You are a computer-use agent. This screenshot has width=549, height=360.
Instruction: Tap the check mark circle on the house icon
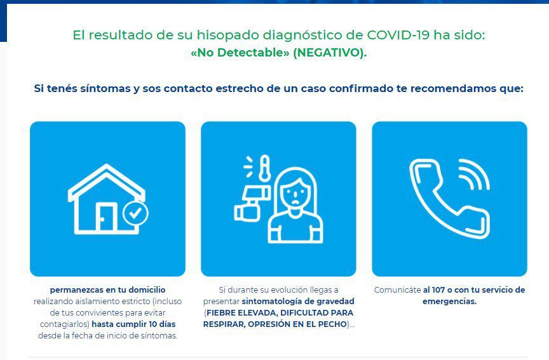pyautogui.click(x=135, y=213)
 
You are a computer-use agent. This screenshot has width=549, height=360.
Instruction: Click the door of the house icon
pyautogui.click(x=107, y=217)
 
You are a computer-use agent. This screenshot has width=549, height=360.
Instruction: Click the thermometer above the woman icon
pyautogui.click(x=265, y=168)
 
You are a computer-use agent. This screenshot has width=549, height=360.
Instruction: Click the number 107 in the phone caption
pyautogui.click(x=438, y=290)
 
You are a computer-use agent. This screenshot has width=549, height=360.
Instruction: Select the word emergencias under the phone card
pyautogui.click(x=450, y=301)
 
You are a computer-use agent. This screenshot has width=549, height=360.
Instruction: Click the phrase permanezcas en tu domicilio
pyautogui.click(x=107, y=290)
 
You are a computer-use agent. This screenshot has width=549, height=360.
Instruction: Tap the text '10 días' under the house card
pyautogui.click(x=162, y=324)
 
